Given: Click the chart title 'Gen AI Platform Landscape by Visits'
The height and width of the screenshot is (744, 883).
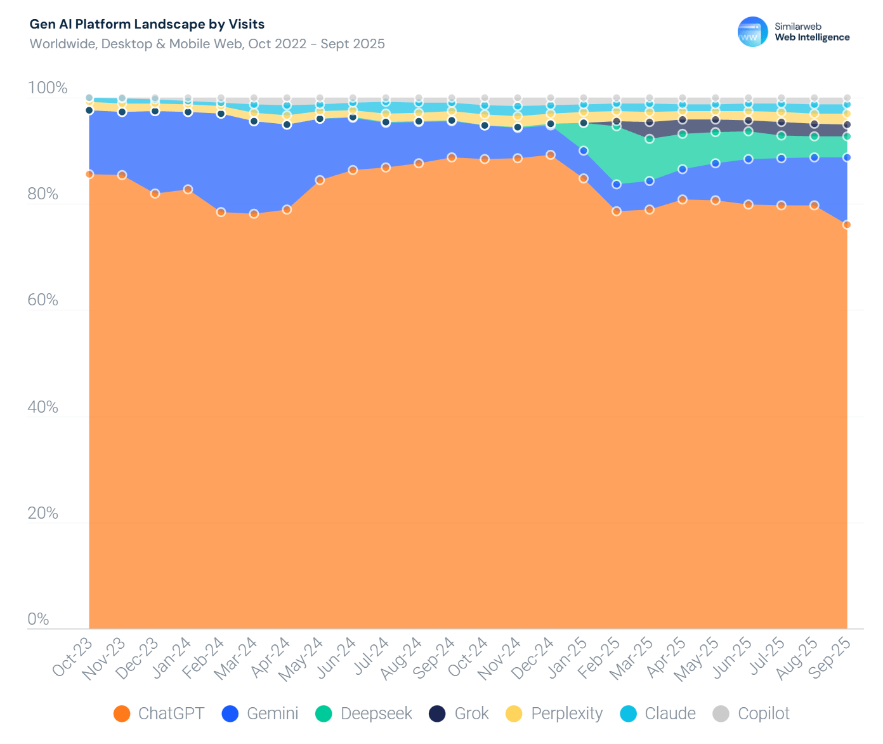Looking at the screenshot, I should (147, 24).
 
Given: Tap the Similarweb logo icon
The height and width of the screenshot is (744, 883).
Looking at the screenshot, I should (752, 32).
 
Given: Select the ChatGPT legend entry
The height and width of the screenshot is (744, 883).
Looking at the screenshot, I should (159, 714).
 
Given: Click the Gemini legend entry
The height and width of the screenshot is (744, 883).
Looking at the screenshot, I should (260, 714).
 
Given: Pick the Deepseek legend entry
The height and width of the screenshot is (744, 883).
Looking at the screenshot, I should (364, 714).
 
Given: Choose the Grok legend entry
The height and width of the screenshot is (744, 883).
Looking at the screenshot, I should (459, 714).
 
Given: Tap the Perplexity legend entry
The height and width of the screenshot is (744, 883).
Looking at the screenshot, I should (554, 714).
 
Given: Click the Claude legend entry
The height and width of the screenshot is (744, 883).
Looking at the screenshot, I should (658, 714).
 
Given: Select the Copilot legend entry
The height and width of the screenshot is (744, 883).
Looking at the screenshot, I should (752, 714).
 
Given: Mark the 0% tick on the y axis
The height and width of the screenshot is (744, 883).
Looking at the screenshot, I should (39, 619).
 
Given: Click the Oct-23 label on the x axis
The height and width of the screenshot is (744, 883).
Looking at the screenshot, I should (72, 658).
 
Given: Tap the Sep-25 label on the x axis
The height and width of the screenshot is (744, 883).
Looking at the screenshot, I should (832, 658).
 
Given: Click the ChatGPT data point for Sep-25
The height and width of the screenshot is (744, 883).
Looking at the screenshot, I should (847, 225).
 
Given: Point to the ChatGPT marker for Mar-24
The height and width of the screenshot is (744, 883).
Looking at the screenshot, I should (254, 214).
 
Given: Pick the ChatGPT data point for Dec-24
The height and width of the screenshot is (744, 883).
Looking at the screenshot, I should (551, 155).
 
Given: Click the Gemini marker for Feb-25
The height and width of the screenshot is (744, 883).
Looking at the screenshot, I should (616, 184).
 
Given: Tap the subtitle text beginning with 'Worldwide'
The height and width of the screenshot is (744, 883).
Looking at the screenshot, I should (207, 44).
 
